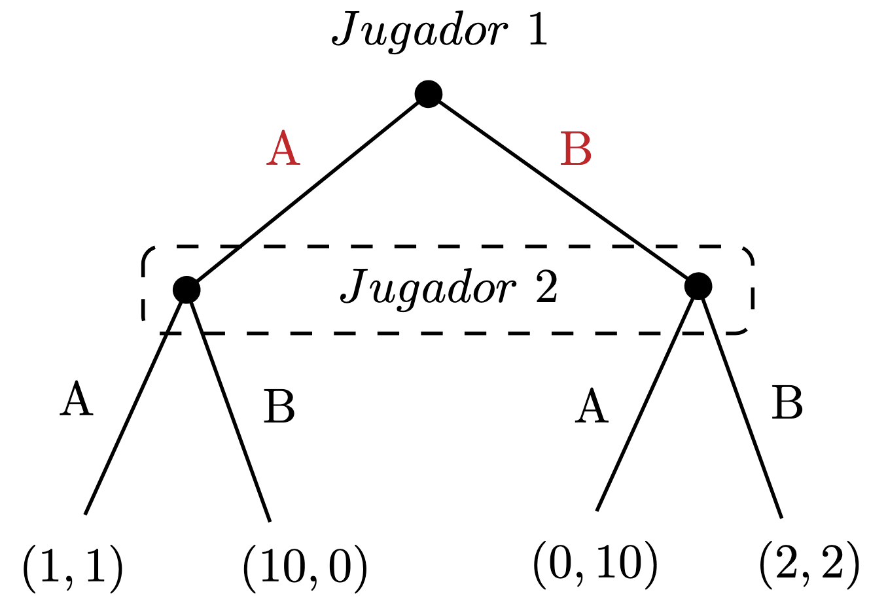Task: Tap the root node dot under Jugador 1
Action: point(429,94)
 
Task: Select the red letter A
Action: point(283,148)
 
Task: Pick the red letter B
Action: point(576,150)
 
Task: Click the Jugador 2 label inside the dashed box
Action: point(449,287)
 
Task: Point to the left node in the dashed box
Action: point(186,289)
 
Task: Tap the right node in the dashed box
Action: point(698,286)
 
